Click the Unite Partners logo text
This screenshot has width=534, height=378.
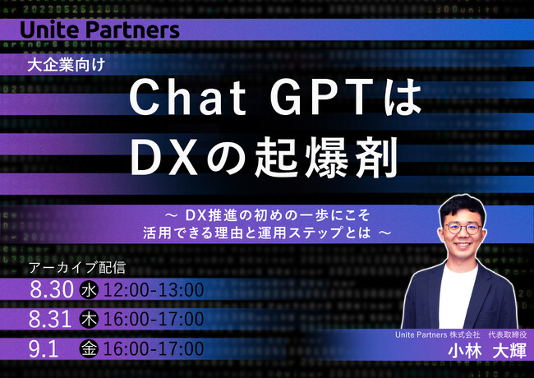tap(99, 30)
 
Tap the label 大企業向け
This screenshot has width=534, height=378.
tap(66, 65)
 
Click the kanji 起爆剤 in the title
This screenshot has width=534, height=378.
tap(326, 157)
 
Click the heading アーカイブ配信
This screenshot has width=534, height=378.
tap(78, 268)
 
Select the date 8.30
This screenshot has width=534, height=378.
tap(52, 290)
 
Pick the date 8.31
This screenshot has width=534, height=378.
tap(50, 320)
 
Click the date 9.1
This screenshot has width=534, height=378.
tap(44, 349)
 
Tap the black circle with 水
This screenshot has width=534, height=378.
tap(89, 290)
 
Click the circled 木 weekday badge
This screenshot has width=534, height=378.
tap(89, 320)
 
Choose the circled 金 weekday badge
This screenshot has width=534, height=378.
tap(89, 349)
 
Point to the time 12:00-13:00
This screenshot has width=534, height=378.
tap(154, 290)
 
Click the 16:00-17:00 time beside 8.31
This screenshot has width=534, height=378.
tap(154, 320)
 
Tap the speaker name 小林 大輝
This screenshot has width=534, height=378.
tap(487, 351)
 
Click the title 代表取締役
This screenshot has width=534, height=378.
tap(507, 334)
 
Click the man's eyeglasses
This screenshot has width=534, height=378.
tap(463, 228)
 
